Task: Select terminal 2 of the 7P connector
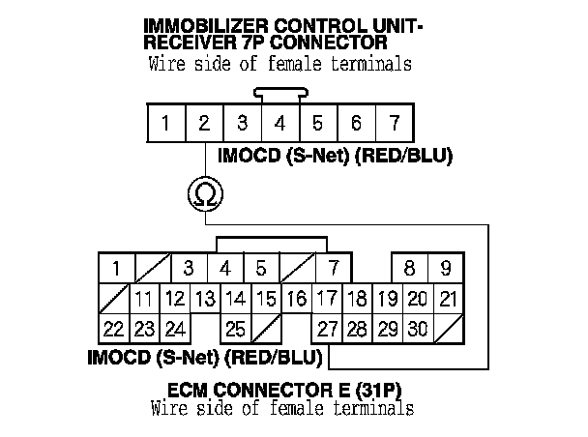[x=205, y=124]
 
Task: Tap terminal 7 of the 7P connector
[x=394, y=124]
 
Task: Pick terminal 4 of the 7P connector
[x=280, y=124]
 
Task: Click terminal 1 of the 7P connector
[x=167, y=124]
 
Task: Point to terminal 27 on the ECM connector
[x=328, y=329]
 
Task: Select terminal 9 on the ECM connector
[x=445, y=268]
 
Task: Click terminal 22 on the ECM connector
[x=113, y=329]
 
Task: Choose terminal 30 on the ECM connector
[x=417, y=329]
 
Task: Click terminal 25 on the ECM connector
[x=235, y=329]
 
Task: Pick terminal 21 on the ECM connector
[x=448, y=299]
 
